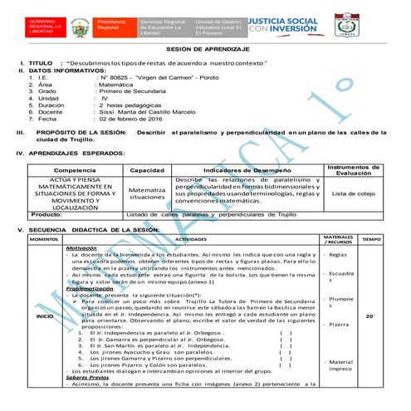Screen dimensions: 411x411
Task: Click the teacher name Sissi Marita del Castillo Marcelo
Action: point(151,111)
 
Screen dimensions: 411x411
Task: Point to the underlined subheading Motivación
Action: point(81,247)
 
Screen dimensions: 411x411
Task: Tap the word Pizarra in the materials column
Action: point(338,325)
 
